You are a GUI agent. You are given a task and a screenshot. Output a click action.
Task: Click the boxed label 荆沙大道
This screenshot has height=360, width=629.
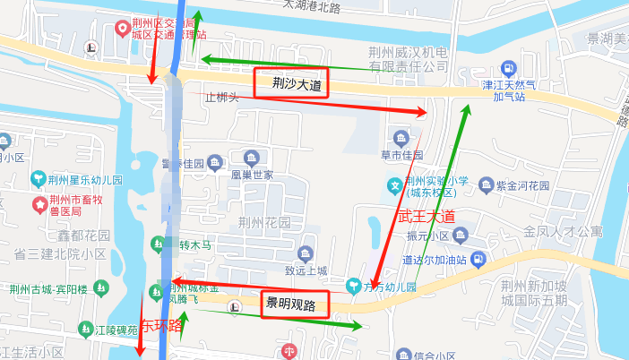coord(291,84)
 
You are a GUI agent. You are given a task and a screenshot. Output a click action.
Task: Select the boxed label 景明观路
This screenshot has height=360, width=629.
coord(291,304)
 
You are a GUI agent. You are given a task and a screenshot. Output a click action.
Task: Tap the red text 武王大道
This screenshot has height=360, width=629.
coord(427,217)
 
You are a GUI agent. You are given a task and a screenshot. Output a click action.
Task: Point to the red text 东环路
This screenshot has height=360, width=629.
coord(162,326)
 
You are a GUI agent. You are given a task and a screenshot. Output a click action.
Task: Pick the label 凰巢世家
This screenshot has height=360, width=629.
coord(252,176)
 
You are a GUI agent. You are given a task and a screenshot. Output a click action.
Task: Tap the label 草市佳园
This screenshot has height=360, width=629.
coord(401,155)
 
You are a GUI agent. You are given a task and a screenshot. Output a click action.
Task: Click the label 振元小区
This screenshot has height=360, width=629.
coord(427,236)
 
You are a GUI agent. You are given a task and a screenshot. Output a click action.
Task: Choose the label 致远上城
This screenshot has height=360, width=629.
coord(306,270)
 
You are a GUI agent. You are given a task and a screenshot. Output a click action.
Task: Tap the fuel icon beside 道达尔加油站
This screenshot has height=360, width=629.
coord(478,260)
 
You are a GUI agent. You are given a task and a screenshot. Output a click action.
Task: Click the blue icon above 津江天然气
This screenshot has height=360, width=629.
coord(509,68)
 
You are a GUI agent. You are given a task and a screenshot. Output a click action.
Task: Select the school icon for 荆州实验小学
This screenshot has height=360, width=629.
coord(393,186)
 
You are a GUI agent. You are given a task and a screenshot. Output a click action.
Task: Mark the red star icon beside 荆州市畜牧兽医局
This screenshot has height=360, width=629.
coord(39,206)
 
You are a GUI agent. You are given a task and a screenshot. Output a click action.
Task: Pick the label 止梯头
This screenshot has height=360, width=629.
coord(221,97)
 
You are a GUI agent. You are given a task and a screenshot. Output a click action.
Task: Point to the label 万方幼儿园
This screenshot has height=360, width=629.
coord(393,287)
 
